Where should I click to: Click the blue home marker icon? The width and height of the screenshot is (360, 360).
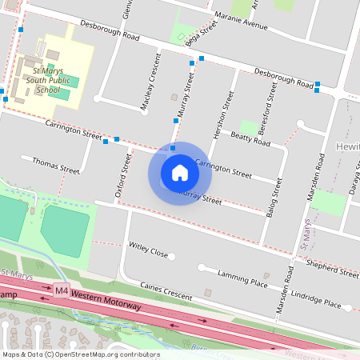180,173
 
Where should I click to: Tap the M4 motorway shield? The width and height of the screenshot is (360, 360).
62,290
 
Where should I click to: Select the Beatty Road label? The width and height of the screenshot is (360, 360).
251,139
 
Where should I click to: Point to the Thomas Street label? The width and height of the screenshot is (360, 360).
55,166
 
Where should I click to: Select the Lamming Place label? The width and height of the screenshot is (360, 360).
242,278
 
